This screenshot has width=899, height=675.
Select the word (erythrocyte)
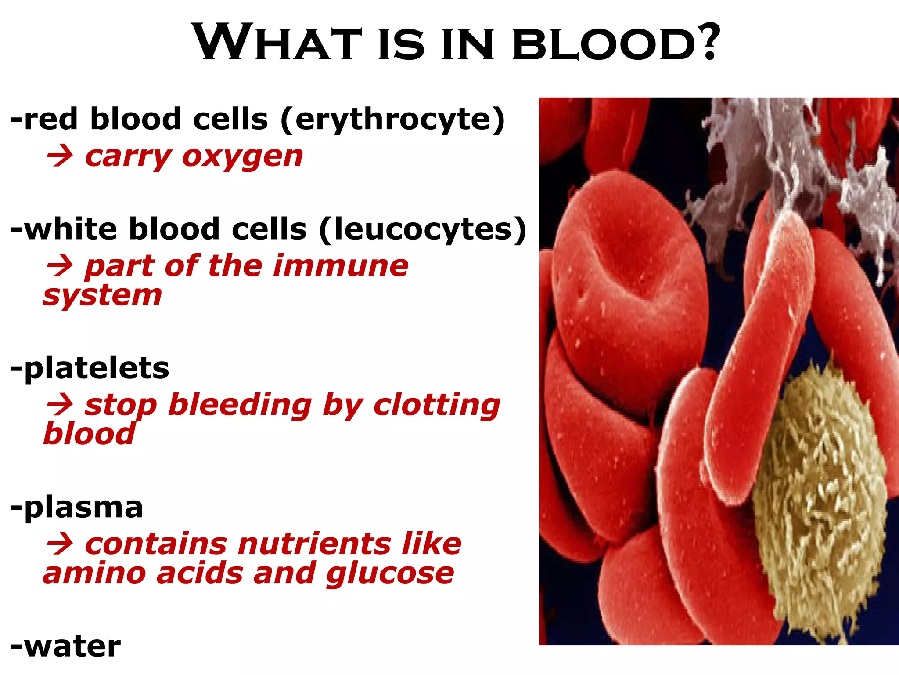pyautogui.click(x=393, y=120)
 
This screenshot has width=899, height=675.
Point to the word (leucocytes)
pyautogui.click(x=423, y=229)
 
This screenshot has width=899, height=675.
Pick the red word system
pyautogui.click(x=103, y=296)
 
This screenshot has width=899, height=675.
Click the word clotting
pyautogui.click(x=437, y=405)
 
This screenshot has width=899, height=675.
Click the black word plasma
pyautogui.click(x=83, y=508)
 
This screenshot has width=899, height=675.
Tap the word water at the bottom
pyautogui.click(x=72, y=647)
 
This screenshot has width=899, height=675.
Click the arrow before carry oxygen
pyautogui.click(x=60, y=157)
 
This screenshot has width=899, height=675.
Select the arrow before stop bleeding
pyautogui.click(x=60, y=405)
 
